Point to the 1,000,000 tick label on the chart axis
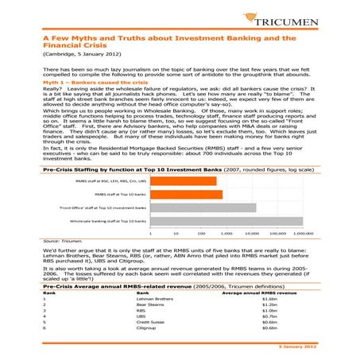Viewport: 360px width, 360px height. tap(304, 234)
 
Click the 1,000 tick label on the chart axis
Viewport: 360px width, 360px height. tap(226, 234)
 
